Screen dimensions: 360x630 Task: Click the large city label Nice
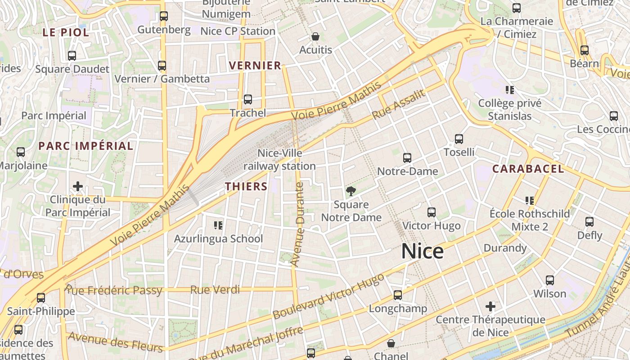point(422,251)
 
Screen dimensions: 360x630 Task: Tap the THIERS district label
point(246,186)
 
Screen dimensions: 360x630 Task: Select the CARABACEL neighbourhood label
point(527,169)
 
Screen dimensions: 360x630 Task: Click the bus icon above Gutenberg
point(164,17)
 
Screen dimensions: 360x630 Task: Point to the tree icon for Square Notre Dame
point(351,191)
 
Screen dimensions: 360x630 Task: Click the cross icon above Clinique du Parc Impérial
point(78,186)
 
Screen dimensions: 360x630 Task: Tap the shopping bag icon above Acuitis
point(315,36)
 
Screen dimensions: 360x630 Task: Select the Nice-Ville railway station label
point(279,160)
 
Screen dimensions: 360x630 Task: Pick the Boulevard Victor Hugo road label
point(328,296)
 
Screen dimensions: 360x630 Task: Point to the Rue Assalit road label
point(399,105)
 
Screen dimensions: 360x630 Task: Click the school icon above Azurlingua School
point(218,225)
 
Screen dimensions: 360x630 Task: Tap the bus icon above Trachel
point(247,99)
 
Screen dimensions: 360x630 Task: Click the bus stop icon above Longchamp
point(398,295)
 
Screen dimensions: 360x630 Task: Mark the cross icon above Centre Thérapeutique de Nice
point(490,307)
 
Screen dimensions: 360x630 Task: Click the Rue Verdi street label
point(215,290)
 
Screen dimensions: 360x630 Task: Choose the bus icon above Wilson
point(549,280)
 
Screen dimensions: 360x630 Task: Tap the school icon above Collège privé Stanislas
point(510,90)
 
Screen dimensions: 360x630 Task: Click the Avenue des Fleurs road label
point(115,342)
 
